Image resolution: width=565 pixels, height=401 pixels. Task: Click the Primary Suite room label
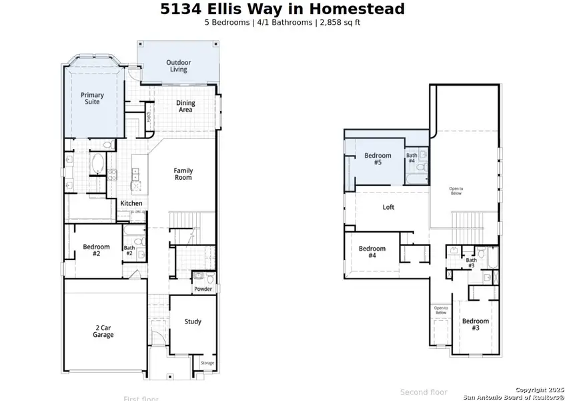coord(92,99)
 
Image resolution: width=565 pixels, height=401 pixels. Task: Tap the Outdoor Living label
coord(178,65)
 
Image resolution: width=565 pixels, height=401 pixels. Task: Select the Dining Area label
coord(185,106)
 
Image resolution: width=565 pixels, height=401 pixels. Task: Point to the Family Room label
coord(183,174)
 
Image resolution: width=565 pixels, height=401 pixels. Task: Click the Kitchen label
coord(131,203)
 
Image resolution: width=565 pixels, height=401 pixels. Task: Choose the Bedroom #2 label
coord(96,250)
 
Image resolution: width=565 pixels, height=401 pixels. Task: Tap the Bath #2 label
coord(129,251)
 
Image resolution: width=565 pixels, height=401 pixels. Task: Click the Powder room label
coord(203,289)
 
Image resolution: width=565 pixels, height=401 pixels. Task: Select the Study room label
coord(193,321)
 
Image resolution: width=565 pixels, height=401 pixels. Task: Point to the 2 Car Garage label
coord(103,331)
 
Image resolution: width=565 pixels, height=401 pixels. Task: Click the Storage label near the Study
coord(207,363)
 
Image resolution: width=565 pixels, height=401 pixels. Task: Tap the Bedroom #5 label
coord(378,159)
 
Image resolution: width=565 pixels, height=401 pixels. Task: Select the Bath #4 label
coord(412,158)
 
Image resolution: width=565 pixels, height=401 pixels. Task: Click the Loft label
coord(388,207)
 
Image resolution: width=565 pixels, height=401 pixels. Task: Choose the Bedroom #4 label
coord(372,252)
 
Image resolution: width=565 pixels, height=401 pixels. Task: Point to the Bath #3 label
coord(471,263)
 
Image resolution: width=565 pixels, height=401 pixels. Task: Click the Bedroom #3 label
coord(476,324)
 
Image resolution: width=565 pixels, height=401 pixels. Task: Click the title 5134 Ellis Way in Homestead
coord(282,9)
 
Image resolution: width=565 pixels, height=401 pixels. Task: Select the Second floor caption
coord(424,392)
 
